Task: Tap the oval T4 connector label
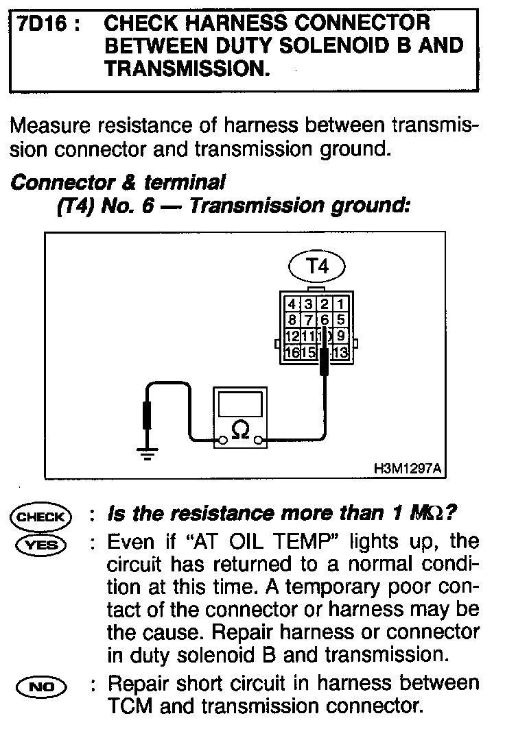(x=316, y=267)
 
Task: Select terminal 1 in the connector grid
(x=341, y=304)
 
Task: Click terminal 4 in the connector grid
(x=292, y=304)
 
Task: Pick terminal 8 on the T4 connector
(x=292, y=319)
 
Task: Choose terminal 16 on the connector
(x=292, y=352)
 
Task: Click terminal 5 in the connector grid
(x=341, y=319)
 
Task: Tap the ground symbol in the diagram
(x=145, y=453)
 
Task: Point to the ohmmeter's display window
(x=239, y=403)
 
